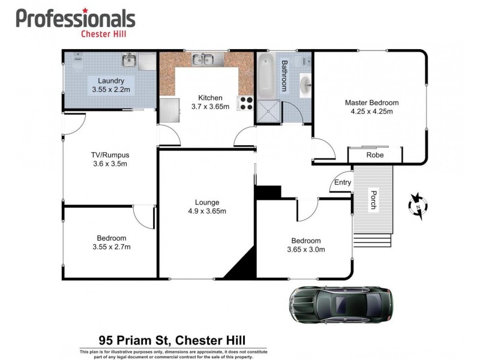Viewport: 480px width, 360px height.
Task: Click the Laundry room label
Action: (111, 80)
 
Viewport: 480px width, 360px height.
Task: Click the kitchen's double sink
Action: (204, 59)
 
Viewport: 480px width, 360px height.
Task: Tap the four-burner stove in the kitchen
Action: (246, 103)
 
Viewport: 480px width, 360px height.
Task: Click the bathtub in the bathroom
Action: (266, 74)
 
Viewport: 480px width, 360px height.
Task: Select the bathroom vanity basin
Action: (305, 85)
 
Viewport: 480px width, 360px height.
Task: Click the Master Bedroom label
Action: (371, 103)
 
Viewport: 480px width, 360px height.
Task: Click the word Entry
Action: (343, 182)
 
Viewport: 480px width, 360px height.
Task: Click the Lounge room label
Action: (207, 202)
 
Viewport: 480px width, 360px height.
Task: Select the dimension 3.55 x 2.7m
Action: (111, 247)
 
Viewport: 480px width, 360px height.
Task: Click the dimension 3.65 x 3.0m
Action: (305, 250)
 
